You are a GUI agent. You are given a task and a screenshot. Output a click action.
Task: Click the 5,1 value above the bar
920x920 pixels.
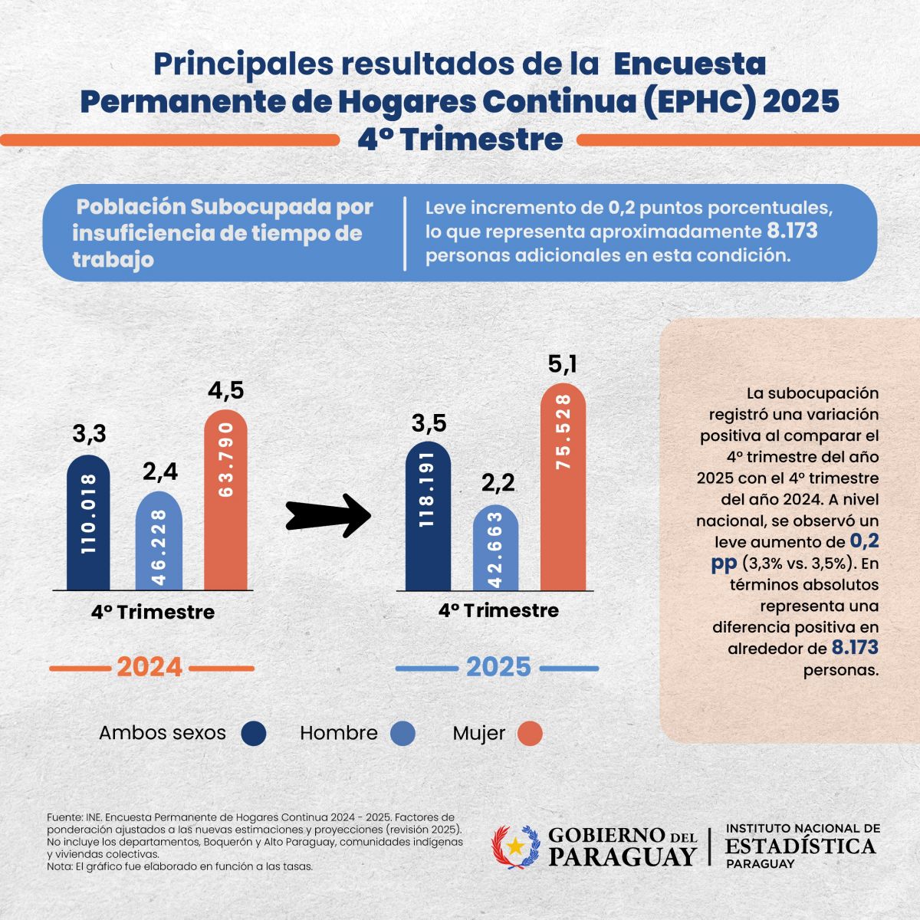(x=562, y=363)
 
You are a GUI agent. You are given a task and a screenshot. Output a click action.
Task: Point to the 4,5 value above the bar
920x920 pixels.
(x=225, y=390)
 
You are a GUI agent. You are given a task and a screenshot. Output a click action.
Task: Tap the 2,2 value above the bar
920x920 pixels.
(x=498, y=482)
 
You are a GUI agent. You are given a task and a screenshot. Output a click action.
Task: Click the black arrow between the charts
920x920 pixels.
(x=328, y=515)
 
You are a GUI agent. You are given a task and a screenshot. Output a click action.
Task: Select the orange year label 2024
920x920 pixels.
(x=149, y=667)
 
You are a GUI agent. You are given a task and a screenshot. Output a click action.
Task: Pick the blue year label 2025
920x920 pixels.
(x=498, y=667)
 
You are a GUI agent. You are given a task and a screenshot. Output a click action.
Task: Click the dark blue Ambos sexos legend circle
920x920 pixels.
(x=254, y=734)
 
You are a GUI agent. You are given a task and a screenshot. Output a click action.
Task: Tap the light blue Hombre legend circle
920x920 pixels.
(x=402, y=734)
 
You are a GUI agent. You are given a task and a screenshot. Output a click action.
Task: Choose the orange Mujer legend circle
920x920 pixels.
(x=530, y=734)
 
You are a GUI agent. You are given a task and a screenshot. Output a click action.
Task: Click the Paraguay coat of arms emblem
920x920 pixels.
(x=515, y=846)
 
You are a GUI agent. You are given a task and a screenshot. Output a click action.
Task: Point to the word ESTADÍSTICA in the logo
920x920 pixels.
(x=800, y=846)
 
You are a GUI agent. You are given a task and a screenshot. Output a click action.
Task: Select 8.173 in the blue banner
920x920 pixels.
(x=792, y=231)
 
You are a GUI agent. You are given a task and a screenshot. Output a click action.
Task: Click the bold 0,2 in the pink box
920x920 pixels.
(x=864, y=541)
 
